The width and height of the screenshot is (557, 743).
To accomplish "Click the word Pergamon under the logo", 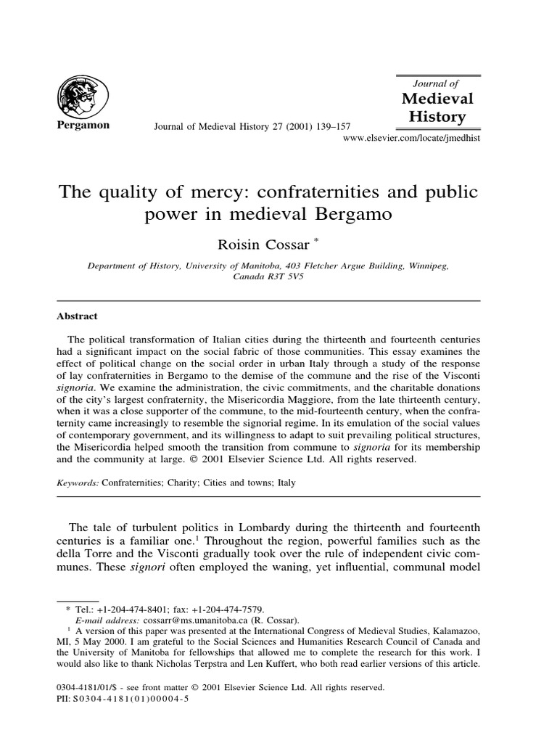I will point(83,125).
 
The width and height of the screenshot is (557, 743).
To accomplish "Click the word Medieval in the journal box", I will point(437,99).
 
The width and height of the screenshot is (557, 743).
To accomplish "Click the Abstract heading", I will point(77,316).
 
